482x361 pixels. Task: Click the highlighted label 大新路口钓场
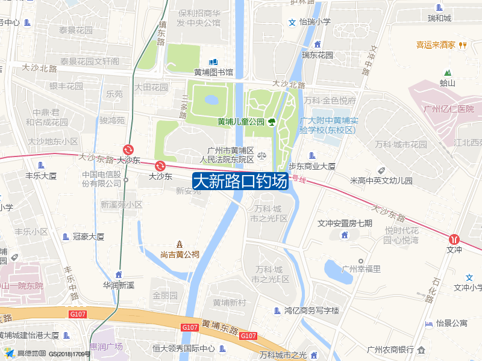click(x=239, y=181)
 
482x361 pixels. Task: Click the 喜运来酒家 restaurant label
click(x=436, y=45)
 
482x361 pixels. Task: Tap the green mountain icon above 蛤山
click(x=447, y=73)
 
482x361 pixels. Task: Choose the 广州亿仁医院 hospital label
click(x=448, y=109)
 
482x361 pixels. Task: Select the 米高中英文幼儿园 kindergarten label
click(x=381, y=180)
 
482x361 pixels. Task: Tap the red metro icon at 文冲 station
click(x=454, y=238)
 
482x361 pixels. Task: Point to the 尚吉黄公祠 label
click(x=180, y=254)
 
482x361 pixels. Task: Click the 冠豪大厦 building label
click(x=88, y=236)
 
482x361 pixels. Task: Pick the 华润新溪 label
click(x=118, y=285)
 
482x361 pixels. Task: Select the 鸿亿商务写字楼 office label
click(x=311, y=311)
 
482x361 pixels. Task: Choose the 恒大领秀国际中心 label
click(x=183, y=348)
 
